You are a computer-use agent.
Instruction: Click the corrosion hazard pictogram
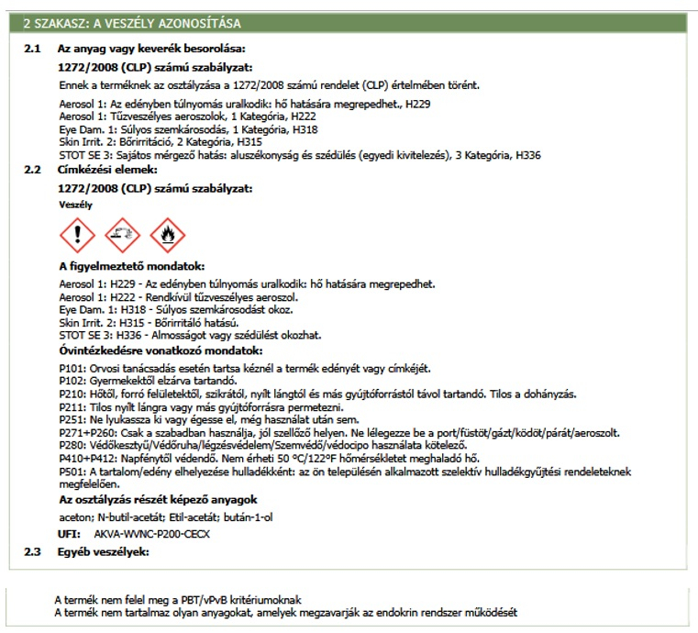pos(121,237)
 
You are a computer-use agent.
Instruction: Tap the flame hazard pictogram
pos(166,237)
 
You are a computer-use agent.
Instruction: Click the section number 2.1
pos(32,48)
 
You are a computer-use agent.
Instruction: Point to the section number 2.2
pos(32,170)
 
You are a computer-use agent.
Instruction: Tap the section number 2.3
pos(32,551)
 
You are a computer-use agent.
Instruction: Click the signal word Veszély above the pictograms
pos(73,205)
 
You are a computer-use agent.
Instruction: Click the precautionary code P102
pos(70,381)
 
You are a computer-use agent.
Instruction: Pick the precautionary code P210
pos(70,394)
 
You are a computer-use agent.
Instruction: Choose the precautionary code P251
pos(70,419)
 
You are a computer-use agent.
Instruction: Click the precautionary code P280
pos(70,445)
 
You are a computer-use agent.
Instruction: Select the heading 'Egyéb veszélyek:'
pos(102,551)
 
